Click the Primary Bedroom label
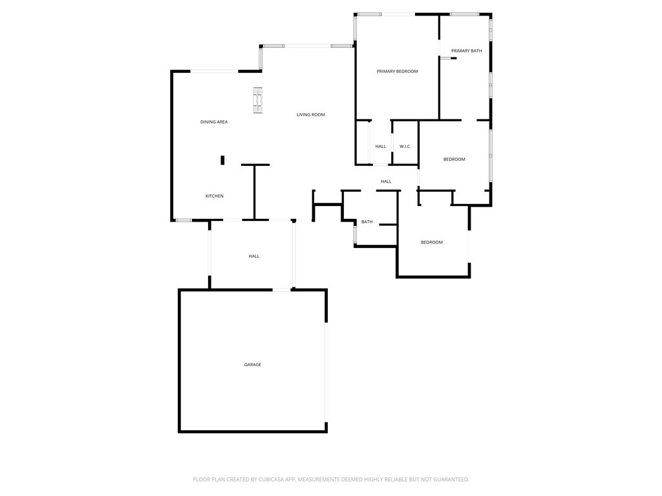(x=398, y=71)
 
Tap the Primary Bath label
(x=467, y=50)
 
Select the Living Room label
(x=311, y=114)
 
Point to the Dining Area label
(x=214, y=122)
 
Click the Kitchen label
(x=215, y=196)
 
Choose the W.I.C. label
(x=405, y=147)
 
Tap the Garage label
(x=253, y=364)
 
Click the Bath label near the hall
(x=367, y=222)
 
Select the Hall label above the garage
(x=254, y=256)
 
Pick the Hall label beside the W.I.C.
(x=380, y=147)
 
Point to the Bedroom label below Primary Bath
(x=454, y=159)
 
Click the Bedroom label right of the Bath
(x=432, y=242)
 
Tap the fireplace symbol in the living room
(x=257, y=100)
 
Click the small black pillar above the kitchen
(x=222, y=160)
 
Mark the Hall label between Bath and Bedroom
(x=386, y=181)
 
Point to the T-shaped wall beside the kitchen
(x=255, y=192)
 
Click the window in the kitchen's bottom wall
(x=184, y=220)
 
